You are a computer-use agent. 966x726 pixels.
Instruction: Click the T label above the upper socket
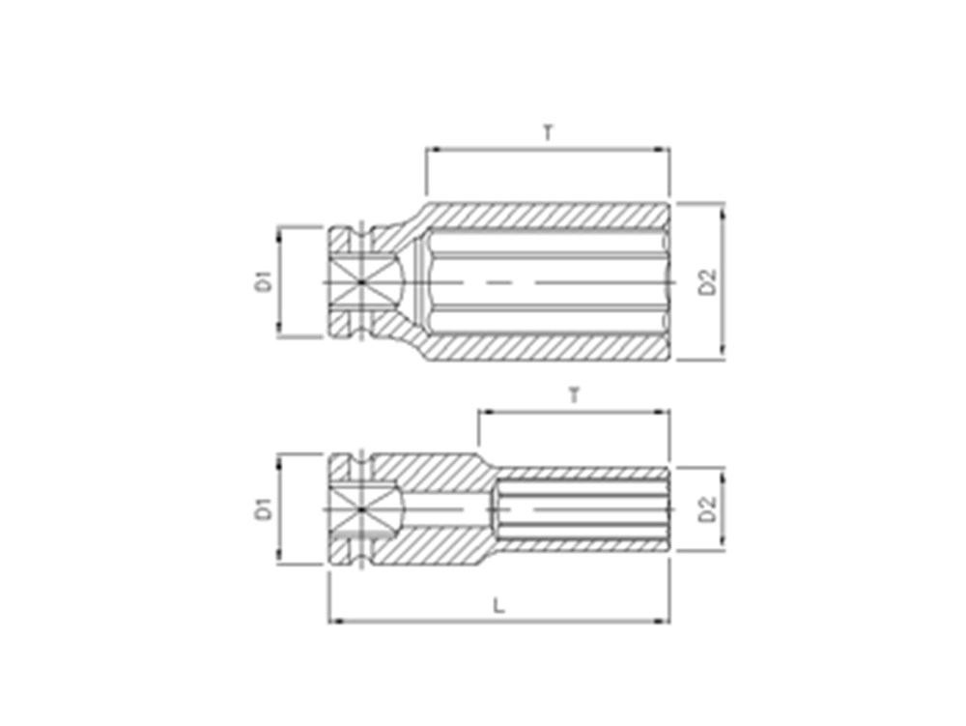[548, 131]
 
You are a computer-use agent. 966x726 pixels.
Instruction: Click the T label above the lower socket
[574, 395]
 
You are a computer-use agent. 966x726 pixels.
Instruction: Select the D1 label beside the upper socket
[264, 281]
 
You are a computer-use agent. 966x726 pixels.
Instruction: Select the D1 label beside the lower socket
[264, 509]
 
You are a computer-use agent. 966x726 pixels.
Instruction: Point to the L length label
[499, 606]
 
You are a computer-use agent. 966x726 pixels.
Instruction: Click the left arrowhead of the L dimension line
[334, 621]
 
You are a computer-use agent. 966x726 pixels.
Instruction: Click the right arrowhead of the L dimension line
[664, 621]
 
